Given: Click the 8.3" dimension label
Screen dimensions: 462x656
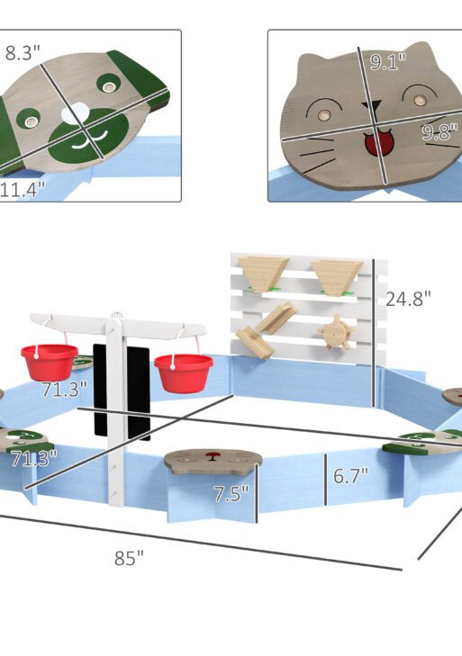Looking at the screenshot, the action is click(23, 53).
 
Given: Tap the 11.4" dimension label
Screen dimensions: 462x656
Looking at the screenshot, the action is click(23, 190).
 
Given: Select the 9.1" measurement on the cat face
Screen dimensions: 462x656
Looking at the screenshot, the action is click(388, 61).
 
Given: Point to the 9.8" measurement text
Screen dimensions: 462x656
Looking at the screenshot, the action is click(439, 132).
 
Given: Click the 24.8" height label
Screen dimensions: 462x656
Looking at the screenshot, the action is click(408, 299).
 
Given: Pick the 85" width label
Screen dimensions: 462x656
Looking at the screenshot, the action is click(129, 558).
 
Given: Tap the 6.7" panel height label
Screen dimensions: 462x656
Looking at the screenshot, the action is click(350, 476).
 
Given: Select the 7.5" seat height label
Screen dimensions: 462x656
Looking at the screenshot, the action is click(231, 494).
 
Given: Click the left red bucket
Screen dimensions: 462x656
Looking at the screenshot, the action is click(50, 363).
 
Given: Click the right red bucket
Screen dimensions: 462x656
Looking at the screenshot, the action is click(184, 373).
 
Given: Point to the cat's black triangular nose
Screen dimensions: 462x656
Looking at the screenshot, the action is click(372, 105).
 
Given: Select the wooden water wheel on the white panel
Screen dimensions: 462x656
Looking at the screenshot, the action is click(336, 333).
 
